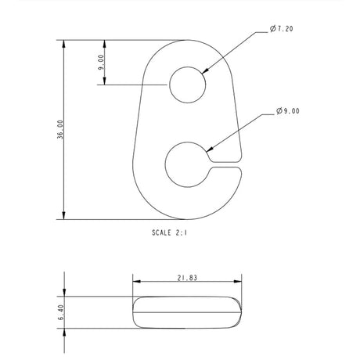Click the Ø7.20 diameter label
(283, 29)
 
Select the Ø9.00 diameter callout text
(287, 112)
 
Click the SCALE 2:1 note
(176, 232)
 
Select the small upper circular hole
(188, 84)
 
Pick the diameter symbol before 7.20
(272, 29)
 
